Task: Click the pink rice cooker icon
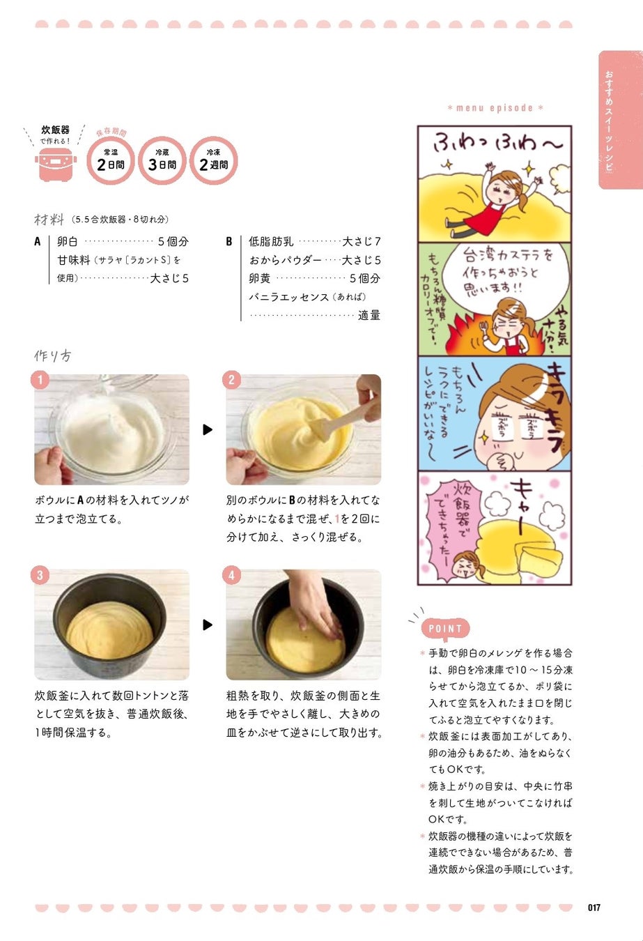tap(56, 167)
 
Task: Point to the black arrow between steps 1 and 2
tap(208, 429)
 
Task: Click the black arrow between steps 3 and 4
tap(208, 625)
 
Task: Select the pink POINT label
tap(445, 629)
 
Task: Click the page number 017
tap(594, 908)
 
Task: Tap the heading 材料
tap(49, 219)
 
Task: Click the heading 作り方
tap(52, 355)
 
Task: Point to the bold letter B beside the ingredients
tap(229, 242)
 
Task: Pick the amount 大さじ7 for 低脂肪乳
tap(362, 242)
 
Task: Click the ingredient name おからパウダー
tap(285, 260)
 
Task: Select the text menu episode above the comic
tap(495, 108)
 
